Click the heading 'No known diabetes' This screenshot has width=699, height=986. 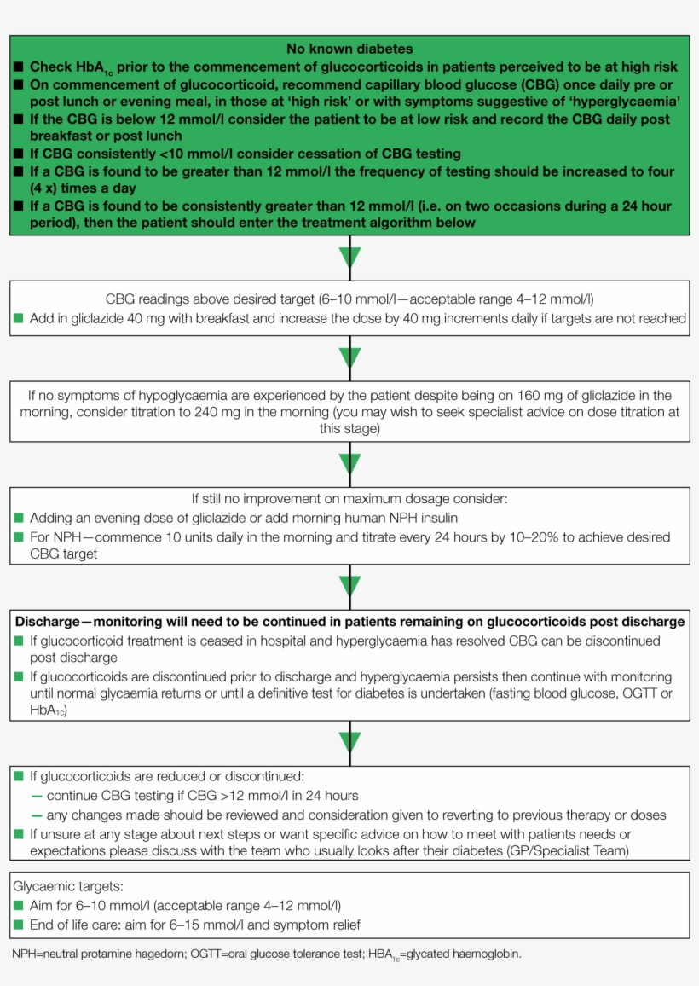point(349,49)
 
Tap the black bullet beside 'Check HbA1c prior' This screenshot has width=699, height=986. point(19,67)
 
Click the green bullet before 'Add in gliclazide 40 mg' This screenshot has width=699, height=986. point(19,318)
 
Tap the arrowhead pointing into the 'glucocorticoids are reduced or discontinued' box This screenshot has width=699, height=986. point(349,742)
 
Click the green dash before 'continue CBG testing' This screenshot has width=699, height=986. point(37,796)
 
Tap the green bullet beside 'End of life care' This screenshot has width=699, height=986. point(19,924)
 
